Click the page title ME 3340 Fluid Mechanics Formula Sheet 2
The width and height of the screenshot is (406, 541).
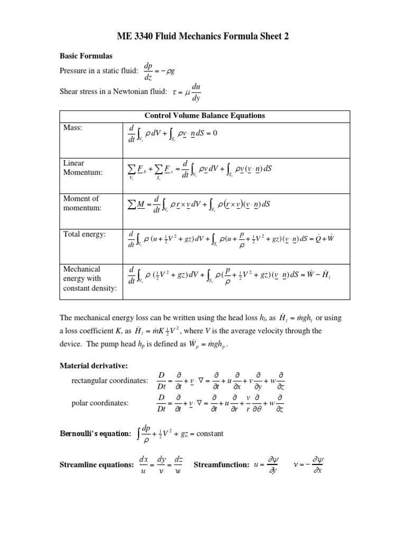(202, 36)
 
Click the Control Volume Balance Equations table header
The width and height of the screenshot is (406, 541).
(205, 116)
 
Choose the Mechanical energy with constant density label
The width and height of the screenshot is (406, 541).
(89, 278)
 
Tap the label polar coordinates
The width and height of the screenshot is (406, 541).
(100, 403)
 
